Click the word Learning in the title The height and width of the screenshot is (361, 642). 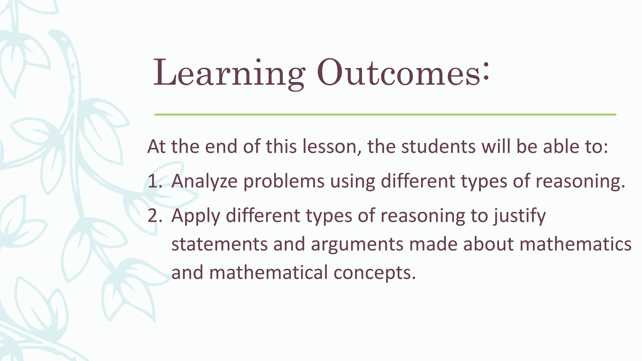coord(228,74)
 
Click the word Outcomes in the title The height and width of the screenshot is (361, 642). coord(398,74)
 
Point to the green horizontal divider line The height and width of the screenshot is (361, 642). coord(385,115)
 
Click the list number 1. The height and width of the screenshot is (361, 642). coord(154,181)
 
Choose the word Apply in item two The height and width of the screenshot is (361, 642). coord(196,216)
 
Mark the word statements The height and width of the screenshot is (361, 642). coord(219,244)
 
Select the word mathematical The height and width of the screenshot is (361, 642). coord(268,272)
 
